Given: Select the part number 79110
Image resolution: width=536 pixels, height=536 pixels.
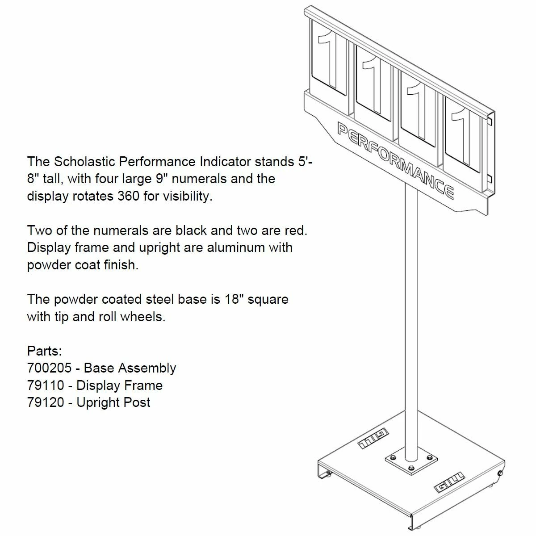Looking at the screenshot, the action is coord(46,385).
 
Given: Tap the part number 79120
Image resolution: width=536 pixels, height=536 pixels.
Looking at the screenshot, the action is coord(46,402).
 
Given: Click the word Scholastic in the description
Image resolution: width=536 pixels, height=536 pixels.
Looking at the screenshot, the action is coord(84,161).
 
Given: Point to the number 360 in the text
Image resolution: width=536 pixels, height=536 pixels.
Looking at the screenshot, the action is coord(128,196).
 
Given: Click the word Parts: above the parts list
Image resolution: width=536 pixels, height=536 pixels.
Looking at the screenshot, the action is coord(44,351).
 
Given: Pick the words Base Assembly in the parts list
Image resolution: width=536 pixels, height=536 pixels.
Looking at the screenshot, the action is coord(130,368).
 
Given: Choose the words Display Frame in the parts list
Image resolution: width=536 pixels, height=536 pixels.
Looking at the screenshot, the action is coord(120,385).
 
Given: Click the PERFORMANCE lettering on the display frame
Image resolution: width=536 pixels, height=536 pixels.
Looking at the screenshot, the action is coord(396,160).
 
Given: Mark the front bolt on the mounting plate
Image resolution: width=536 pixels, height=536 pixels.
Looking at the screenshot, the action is coord(410,468).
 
